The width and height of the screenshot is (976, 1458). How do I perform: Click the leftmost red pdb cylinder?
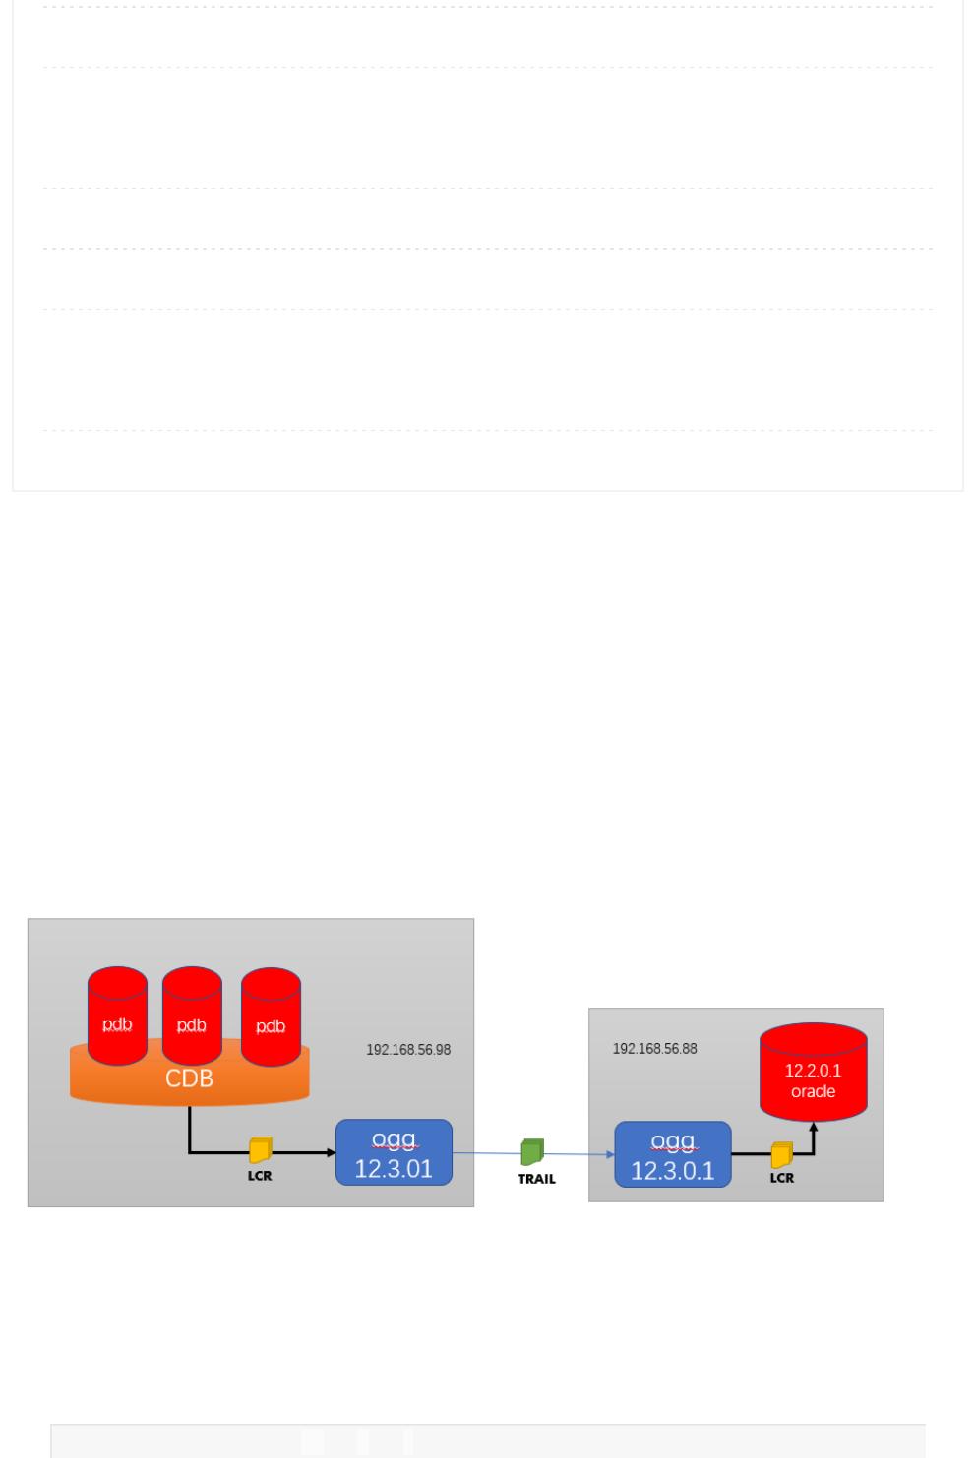coord(117,1017)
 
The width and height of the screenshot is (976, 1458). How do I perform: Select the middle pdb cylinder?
coord(192,1017)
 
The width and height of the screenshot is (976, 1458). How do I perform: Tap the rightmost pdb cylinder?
coord(271,1018)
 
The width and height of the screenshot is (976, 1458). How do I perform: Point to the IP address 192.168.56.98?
coord(408,1050)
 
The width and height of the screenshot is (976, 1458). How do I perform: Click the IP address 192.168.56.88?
coord(654,1049)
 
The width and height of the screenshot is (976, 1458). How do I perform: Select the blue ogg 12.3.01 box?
coord(394,1152)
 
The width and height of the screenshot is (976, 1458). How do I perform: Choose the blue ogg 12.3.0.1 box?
coord(673,1154)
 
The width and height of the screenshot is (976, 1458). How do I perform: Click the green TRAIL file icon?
coord(532,1151)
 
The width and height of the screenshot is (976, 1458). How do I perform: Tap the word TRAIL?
coord(537,1179)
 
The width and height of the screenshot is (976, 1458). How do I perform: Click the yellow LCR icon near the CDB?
coord(261,1149)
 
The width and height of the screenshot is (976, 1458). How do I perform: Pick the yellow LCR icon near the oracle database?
coord(782,1154)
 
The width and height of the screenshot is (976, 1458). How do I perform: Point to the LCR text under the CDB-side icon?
coord(260,1175)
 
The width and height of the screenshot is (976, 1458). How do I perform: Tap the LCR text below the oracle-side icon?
coord(782,1178)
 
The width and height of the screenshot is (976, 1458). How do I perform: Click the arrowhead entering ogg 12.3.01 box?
coord(331,1152)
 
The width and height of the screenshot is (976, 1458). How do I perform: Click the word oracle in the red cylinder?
coord(813,1091)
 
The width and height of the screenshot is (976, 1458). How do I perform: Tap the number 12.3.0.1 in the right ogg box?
coord(673,1171)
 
